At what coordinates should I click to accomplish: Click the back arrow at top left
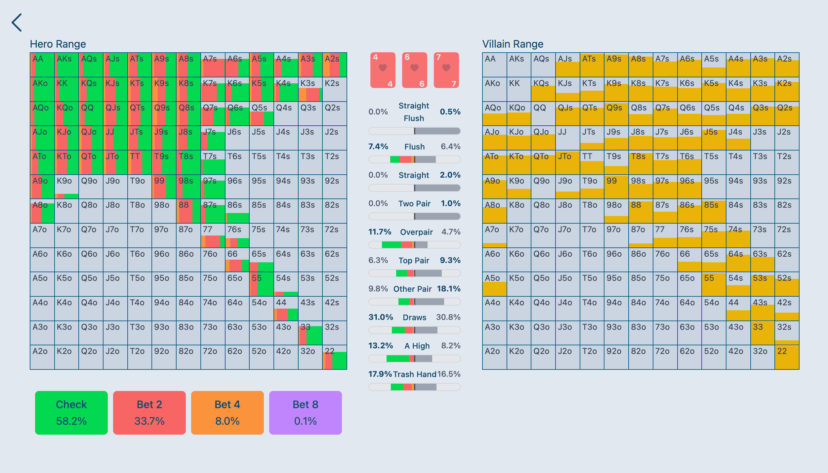(x=17, y=22)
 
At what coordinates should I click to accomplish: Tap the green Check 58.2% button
(x=71, y=412)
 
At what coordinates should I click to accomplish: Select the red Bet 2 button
(x=149, y=412)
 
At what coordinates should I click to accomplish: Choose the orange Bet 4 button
(x=228, y=412)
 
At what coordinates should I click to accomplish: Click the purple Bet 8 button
(x=306, y=412)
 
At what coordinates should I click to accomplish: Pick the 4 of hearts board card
(x=383, y=70)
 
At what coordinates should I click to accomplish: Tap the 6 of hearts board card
(x=414, y=70)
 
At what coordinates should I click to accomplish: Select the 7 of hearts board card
(x=446, y=70)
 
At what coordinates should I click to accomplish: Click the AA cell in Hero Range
(x=42, y=65)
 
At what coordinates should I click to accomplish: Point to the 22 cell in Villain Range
(x=787, y=357)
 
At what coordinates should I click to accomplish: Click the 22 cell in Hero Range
(x=335, y=357)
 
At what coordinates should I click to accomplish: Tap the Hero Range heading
(x=58, y=44)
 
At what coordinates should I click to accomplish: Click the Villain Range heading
(x=513, y=44)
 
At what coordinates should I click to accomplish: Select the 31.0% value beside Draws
(x=381, y=317)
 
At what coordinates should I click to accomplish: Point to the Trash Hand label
(x=415, y=374)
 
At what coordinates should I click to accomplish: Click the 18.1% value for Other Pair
(x=449, y=289)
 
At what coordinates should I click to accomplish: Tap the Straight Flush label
(x=414, y=112)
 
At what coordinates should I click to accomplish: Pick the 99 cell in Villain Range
(x=616, y=187)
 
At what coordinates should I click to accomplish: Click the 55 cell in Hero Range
(x=262, y=284)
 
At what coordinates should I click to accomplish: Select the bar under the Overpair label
(x=414, y=245)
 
